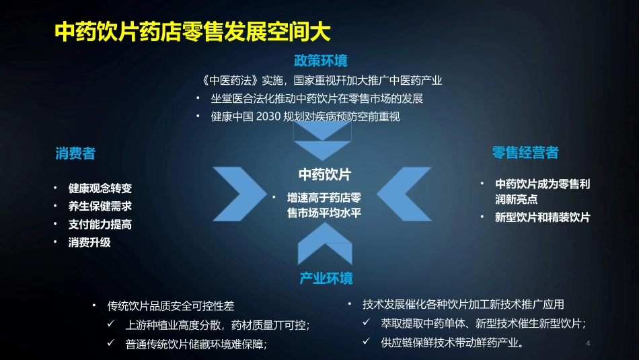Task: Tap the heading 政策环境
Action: (321, 61)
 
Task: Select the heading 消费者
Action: (75, 153)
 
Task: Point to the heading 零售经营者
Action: (525, 153)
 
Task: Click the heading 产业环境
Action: (326, 278)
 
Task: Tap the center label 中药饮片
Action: (325, 175)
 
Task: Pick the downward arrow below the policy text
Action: (322, 143)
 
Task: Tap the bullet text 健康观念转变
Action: (100, 188)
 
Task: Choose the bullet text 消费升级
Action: (89, 242)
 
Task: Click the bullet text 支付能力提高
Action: (100, 224)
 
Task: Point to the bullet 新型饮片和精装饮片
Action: (542, 217)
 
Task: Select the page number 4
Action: (589, 344)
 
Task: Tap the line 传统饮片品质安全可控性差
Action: (171, 306)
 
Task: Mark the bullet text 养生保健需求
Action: (100, 207)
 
